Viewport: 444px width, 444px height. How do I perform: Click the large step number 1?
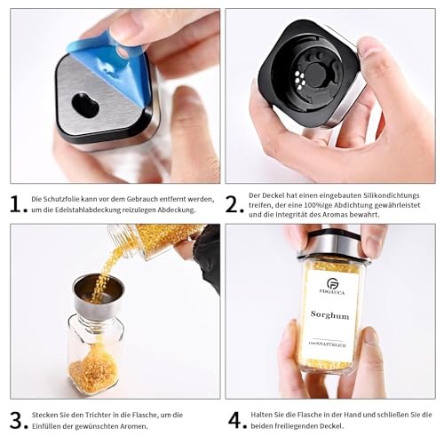point(16,203)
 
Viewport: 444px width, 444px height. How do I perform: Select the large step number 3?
point(16,420)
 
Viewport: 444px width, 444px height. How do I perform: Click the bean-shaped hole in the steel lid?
point(85,105)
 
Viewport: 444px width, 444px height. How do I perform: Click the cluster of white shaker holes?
point(300,80)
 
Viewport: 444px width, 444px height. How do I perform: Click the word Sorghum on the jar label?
point(329,314)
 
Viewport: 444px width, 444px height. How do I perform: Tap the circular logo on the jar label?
point(332,283)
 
